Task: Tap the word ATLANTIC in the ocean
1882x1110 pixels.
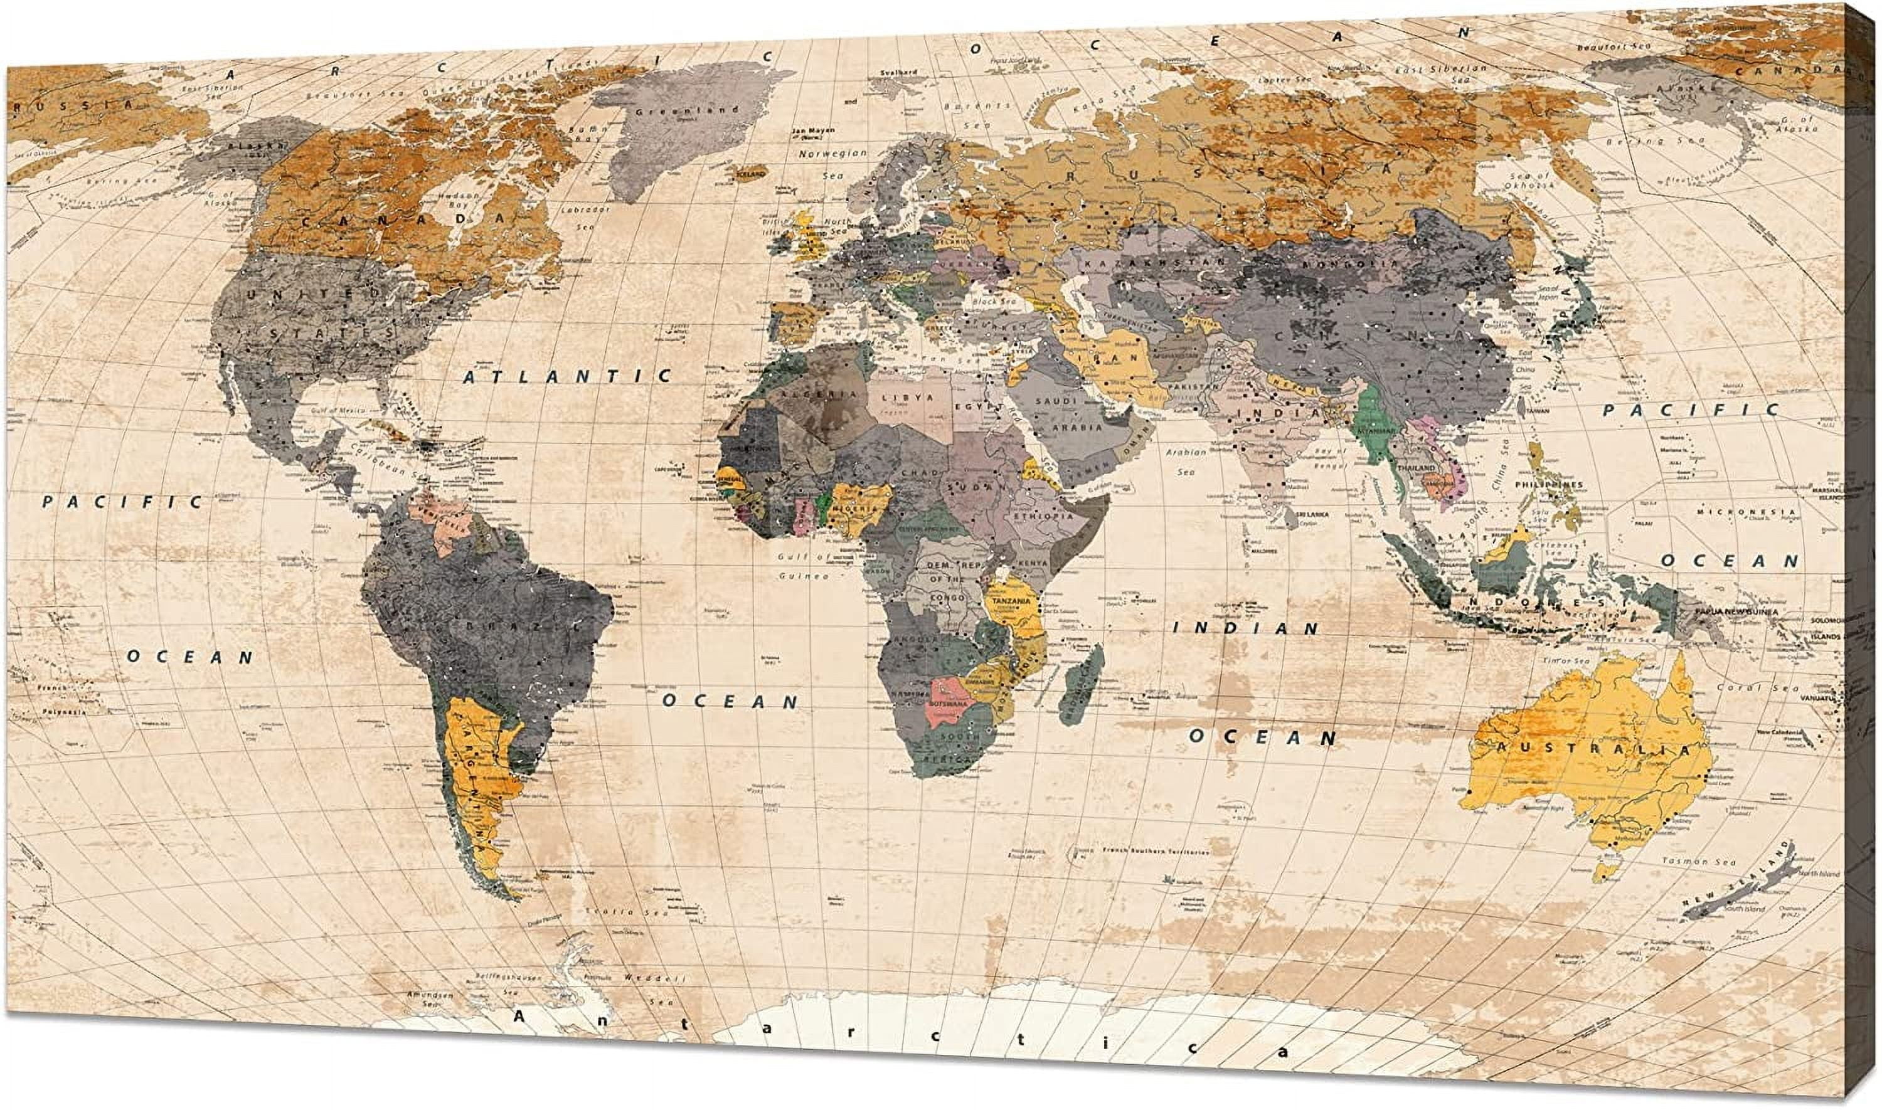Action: (x=566, y=376)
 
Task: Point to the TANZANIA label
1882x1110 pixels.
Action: (x=1011, y=600)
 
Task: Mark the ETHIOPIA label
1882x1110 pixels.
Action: (x=1038, y=516)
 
